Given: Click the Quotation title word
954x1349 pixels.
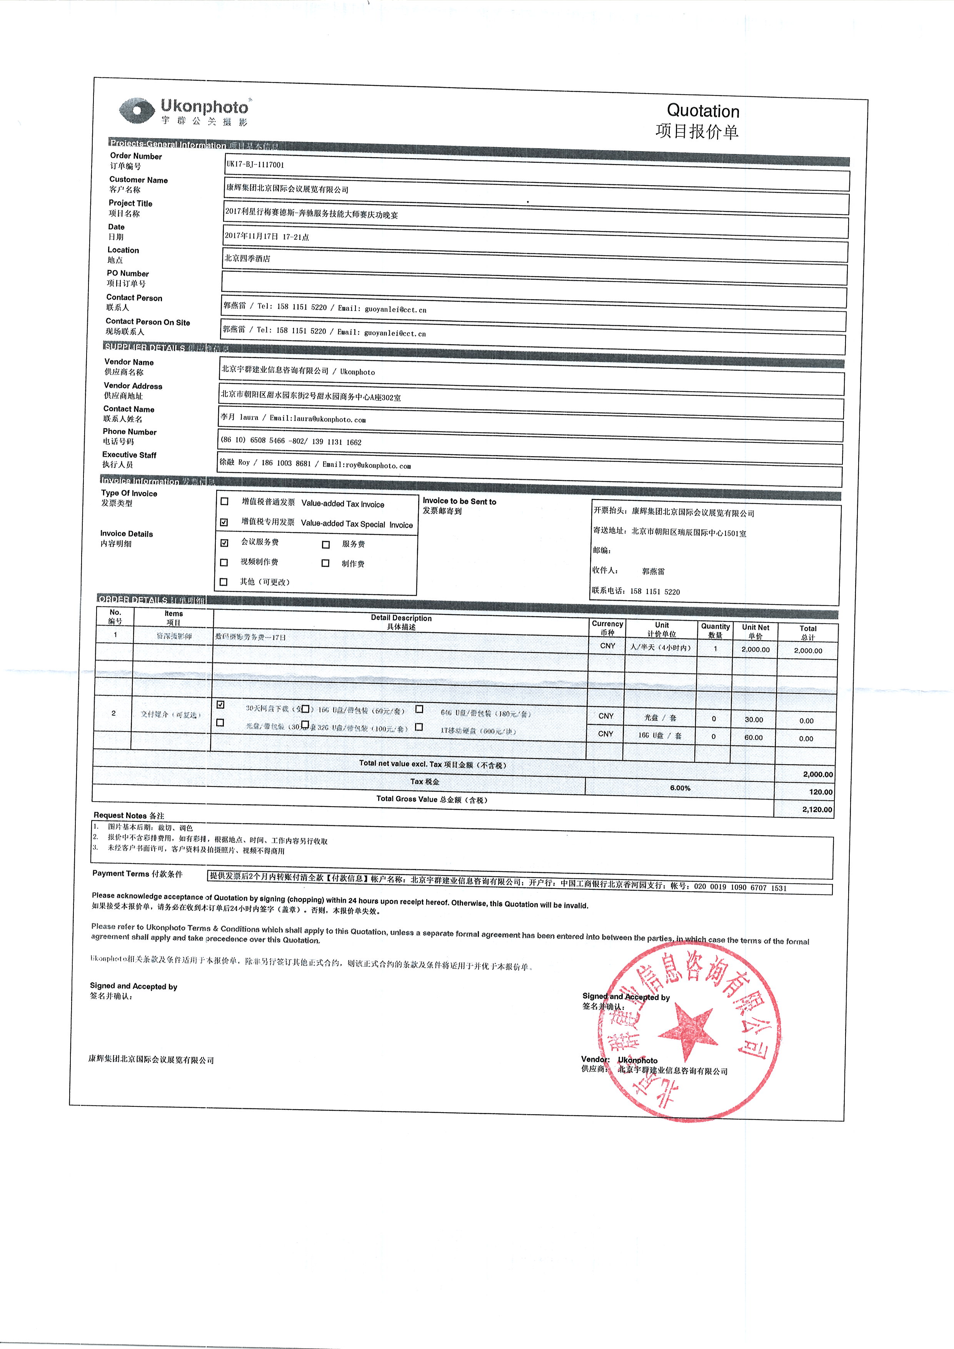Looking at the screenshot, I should click(x=702, y=111).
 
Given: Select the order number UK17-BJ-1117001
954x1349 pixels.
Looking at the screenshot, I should click(x=255, y=165).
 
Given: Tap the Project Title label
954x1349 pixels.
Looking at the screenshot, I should click(x=130, y=203).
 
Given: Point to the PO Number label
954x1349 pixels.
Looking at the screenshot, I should click(x=127, y=273).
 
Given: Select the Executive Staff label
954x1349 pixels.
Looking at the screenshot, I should click(x=129, y=455).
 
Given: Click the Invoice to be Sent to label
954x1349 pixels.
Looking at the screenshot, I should click(x=459, y=501).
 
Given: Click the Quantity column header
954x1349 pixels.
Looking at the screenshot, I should click(x=715, y=627).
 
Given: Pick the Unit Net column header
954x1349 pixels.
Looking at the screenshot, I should click(x=755, y=628).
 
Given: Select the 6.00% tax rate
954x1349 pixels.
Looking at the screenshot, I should click(x=680, y=788).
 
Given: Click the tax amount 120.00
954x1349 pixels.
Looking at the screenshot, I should click(x=820, y=792).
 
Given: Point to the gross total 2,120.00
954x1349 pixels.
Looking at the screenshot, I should click(x=817, y=809).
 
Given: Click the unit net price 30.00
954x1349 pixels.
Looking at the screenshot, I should click(x=754, y=720).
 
